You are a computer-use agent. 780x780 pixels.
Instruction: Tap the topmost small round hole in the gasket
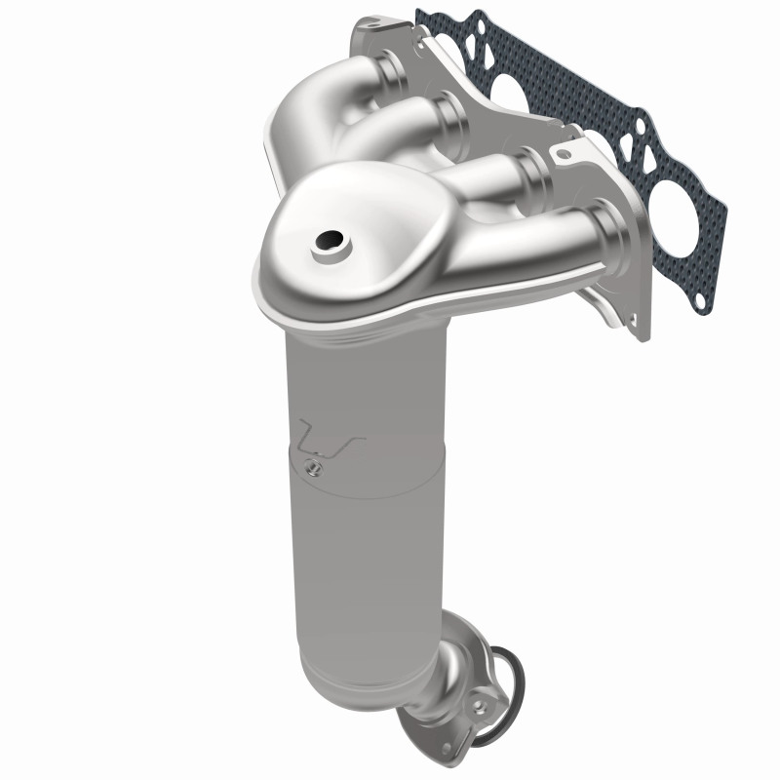pos(428,17)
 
